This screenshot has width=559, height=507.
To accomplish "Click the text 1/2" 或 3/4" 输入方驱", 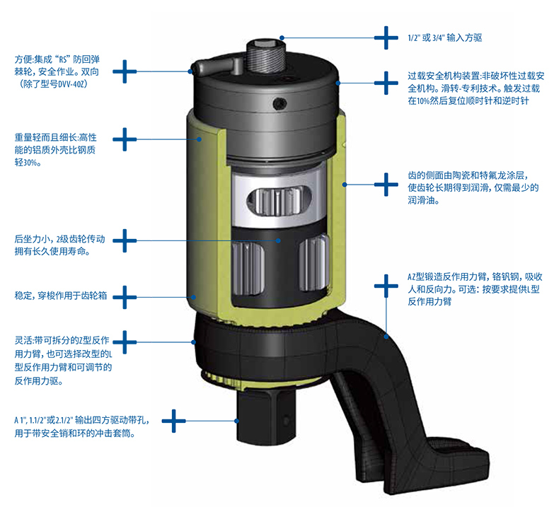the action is click(445, 37).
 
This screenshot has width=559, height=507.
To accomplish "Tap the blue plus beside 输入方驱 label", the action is click(386, 37).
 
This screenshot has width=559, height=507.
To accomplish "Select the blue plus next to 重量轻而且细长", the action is click(125, 139).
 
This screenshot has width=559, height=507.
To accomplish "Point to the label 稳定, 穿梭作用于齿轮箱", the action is click(61, 296).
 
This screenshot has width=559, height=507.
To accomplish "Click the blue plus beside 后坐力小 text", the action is click(125, 240).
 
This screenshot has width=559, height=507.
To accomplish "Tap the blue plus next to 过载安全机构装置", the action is click(386, 83).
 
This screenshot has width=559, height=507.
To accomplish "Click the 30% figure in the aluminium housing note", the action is click(30, 163).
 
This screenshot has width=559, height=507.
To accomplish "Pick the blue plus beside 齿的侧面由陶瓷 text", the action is click(386, 185).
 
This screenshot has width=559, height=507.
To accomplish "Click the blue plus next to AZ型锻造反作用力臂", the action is click(386, 286).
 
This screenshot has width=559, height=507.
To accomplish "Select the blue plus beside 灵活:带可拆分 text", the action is click(125, 342).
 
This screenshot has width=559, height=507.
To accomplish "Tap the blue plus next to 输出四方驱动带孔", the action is click(173, 421).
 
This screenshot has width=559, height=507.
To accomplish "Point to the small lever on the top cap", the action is click(216, 66).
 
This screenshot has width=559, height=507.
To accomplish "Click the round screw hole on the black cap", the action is click(280, 104).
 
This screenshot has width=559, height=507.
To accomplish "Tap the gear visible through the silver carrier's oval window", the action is click(279, 200).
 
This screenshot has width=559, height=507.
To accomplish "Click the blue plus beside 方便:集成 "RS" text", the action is click(125, 71).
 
